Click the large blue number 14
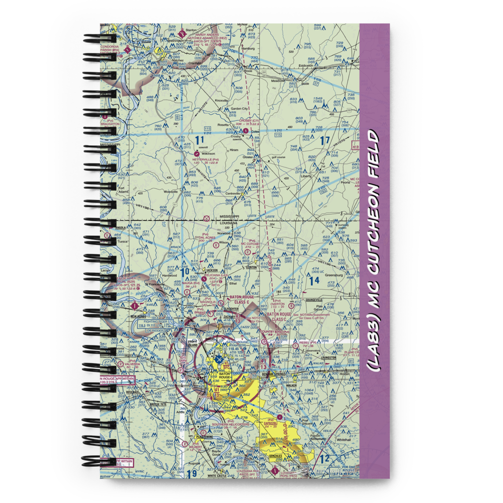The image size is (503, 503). pos(314,280)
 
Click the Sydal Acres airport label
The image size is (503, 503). pos(205,237)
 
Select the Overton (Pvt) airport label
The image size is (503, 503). pos(278,304)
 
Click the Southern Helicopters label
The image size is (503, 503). pos(230,425)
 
